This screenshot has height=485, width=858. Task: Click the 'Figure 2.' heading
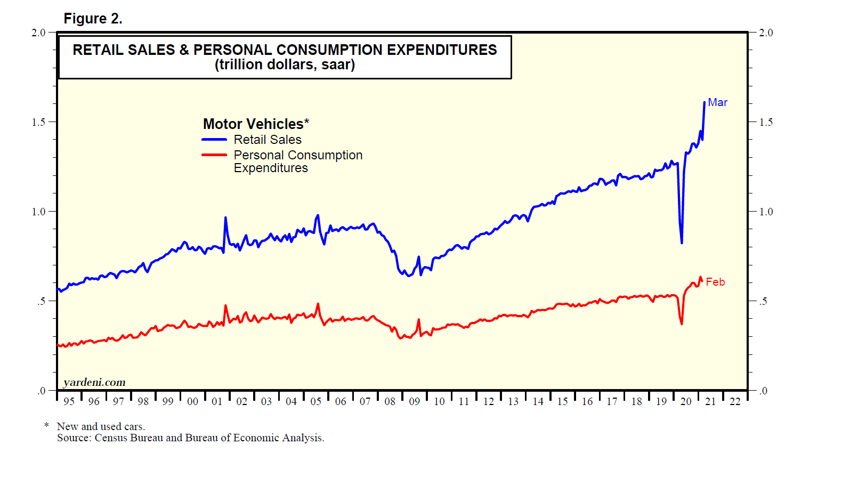point(93,19)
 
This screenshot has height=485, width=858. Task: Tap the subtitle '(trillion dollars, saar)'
point(285,65)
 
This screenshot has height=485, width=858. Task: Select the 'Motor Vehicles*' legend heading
point(256,124)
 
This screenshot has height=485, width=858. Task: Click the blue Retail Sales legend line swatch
point(214,140)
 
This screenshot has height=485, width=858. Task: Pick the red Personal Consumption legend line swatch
point(214,155)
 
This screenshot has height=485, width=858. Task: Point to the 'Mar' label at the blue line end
point(717,102)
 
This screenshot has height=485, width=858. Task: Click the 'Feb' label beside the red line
point(715,282)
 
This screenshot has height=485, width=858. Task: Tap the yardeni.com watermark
point(94,382)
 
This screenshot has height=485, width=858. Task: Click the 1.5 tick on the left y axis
point(38,122)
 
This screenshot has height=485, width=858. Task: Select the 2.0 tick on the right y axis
point(766,33)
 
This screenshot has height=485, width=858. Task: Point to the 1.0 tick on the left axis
point(38,212)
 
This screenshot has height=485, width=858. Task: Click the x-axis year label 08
point(390,401)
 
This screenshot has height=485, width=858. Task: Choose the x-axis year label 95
point(69,401)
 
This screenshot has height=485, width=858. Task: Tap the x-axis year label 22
point(735,401)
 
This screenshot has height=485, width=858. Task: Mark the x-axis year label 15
point(563,401)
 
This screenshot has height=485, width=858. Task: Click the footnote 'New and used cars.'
point(101,426)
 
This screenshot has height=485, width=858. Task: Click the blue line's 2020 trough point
point(682,243)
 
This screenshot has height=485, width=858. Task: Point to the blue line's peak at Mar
point(704,102)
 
